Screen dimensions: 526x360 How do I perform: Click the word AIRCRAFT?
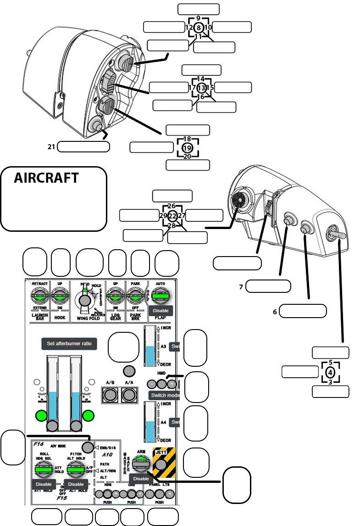pos(46,178)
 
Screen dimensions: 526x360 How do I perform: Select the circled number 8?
pos(199,27)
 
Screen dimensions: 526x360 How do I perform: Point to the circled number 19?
pos(187,148)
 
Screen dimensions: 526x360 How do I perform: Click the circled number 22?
pos(172,216)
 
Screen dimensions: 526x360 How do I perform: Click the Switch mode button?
pos(165,396)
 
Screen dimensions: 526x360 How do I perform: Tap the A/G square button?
pos(110,394)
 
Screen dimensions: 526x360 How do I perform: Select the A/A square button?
pos(129,394)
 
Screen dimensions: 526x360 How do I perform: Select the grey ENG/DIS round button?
pos(88,447)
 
